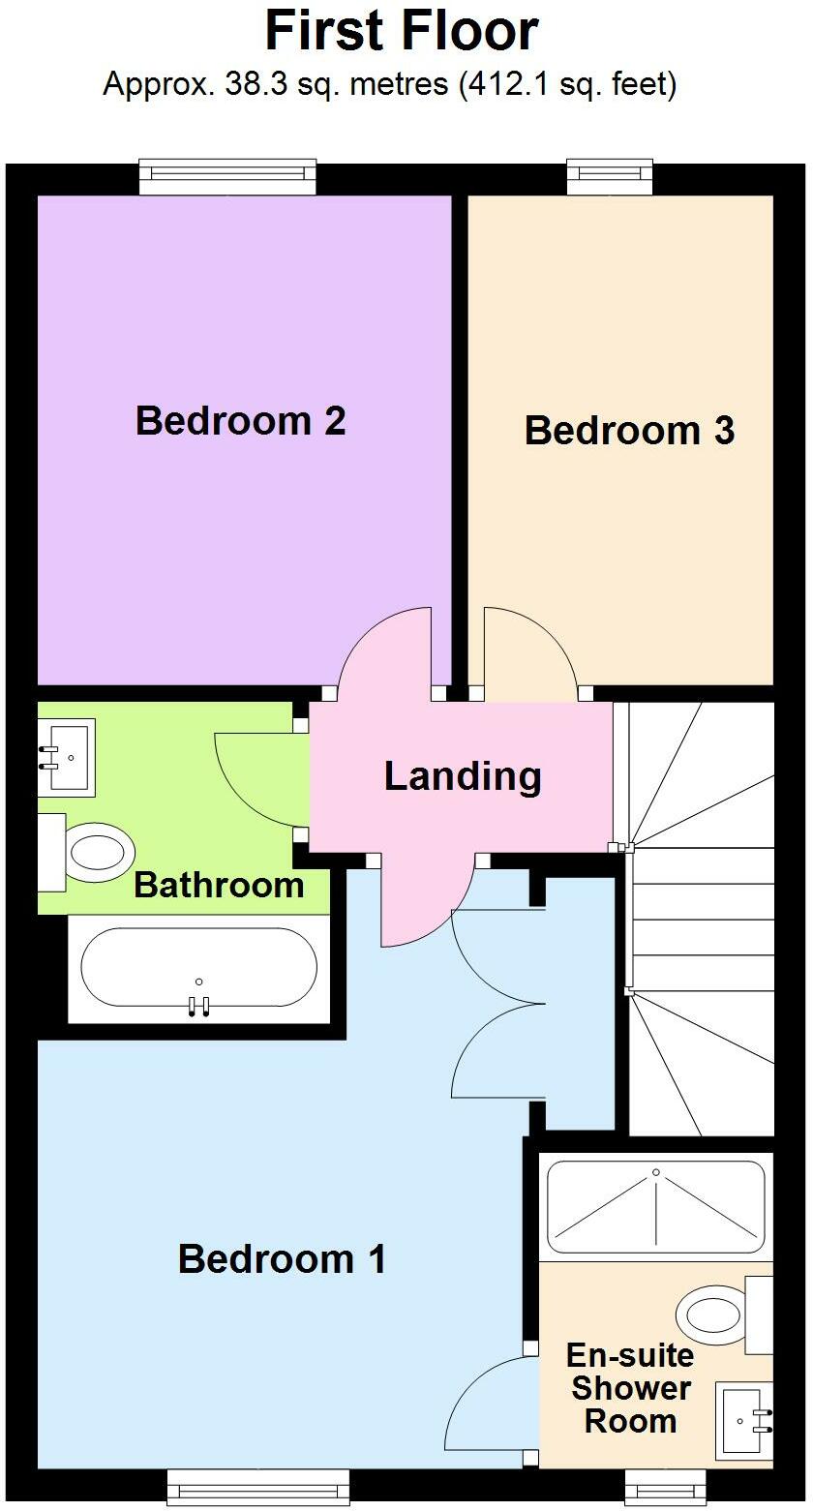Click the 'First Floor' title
pyautogui.click(x=402, y=31)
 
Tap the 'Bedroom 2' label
pyautogui.click(x=240, y=421)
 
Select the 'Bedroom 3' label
pyautogui.click(x=629, y=431)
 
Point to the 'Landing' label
pyautogui.click(x=463, y=776)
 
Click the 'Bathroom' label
pyautogui.click(x=219, y=885)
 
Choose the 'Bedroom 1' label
pyautogui.click(x=282, y=1259)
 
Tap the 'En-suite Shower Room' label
pyautogui.click(x=630, y=1388)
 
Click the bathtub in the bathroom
pyautogui.click(x=198, y=968)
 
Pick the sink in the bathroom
pyautogui.click(x=65, y=757)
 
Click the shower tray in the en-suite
pyautogui.click(x=655, y=1207)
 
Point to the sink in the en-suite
pyautogui.click(x=744, y=1420)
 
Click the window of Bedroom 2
pyautogui.click(x=227, y=175)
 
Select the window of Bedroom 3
pyautogui.click(x=610, y=175)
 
